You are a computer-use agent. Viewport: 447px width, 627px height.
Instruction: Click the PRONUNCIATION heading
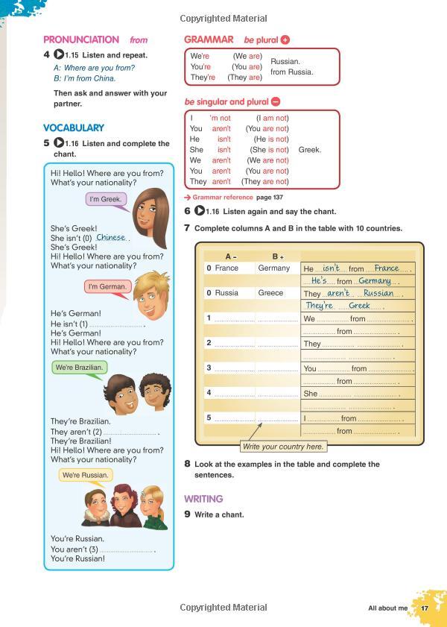[81, 40]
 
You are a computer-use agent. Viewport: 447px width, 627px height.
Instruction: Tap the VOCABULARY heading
[74, 127]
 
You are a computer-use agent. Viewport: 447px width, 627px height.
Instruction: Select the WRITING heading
[203, 499]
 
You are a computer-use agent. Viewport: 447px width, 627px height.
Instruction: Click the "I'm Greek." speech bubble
[106, 199]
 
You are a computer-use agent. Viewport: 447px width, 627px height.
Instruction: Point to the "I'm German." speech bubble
[108, 286]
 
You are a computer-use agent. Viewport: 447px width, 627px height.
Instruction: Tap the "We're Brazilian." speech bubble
[79, 368]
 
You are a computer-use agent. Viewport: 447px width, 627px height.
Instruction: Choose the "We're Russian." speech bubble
[85, 475]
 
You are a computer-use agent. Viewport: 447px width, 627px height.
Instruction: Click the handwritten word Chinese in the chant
[111, 238]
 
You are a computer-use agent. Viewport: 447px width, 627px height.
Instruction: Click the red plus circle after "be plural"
[285, 40]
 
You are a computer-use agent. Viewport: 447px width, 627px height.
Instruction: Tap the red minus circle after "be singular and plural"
[275, 101]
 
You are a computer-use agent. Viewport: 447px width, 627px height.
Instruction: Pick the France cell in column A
[226, 268]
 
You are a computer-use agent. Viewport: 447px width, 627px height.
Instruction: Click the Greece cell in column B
[270, 293]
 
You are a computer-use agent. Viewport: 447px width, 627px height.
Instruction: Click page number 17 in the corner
[425, 608]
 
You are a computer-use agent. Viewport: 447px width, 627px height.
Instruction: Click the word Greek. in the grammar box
[309, 150]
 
